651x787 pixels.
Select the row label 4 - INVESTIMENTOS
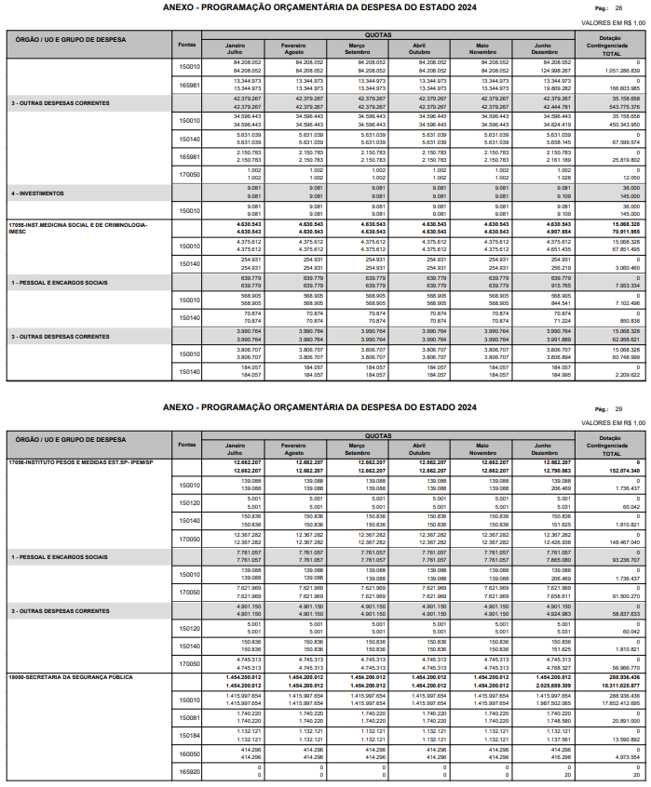37,193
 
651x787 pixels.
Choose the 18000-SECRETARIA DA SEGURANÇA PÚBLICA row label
71,702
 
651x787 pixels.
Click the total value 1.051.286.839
621,71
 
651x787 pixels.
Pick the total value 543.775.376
621,107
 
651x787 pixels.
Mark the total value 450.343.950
621,125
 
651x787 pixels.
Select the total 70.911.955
621,232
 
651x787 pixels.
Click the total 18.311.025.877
618,711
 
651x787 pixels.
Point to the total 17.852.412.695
618,728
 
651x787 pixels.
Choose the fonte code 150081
189,743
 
